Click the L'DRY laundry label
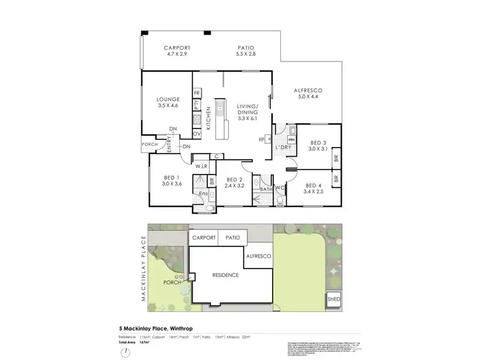coord(284,149)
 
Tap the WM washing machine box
coord(291,138)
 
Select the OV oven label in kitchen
coord(197,134)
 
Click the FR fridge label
coord(197,93)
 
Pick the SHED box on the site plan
coord(334,299)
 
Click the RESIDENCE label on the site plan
coord(226,275)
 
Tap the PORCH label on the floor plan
coord(150,145)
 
